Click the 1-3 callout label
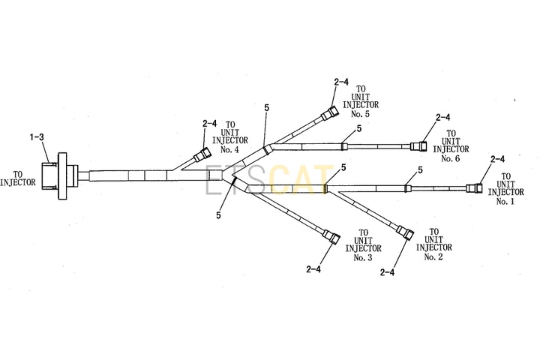[x=37, y=137]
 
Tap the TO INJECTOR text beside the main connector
[x=18, y=178]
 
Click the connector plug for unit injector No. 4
[x=202, y=154]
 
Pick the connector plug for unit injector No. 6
[x=418, y=146]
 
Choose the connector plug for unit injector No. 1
[x=474, y=188]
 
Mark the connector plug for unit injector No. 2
[x=406, y=233]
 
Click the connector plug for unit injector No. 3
[x=331, y=236]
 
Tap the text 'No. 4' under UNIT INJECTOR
[x=229, y=149]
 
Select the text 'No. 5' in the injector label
[x=360, y=114]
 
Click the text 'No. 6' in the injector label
[x=451, y=158]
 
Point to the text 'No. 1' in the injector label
[x=505, y=201]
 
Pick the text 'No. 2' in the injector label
[x=433, y=256]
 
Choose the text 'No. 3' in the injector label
[x=363, y=257]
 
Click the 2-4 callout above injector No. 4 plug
[x=210, y=123]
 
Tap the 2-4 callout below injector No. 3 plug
[x=313, y=269]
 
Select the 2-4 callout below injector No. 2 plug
[x=388, y=272]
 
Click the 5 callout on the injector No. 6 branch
[x=359, y=129]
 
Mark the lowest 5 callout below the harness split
[x=218, y=215]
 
